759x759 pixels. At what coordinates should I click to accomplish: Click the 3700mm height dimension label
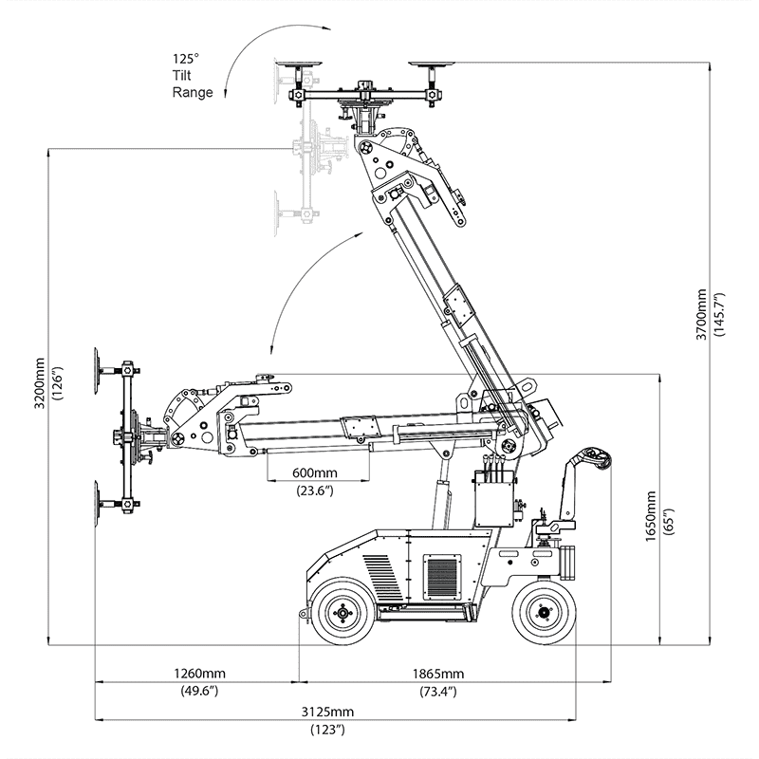pyautogui.click(x=699, y=313)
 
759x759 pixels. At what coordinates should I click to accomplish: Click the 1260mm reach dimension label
pyautogui.click(x=199, y=675)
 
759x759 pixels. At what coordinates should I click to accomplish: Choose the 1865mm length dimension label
pyautogui.click(x=437, y=675)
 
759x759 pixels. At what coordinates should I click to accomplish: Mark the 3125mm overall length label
pyautogui.click(x=328, y=713)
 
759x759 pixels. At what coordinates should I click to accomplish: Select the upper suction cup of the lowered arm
pyautogui.click(x=100, y=370)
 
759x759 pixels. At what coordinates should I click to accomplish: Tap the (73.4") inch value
pyautogui.click(x=437, y=692)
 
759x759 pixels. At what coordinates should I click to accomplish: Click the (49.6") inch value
pyautogui.click(x=199, y=692)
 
